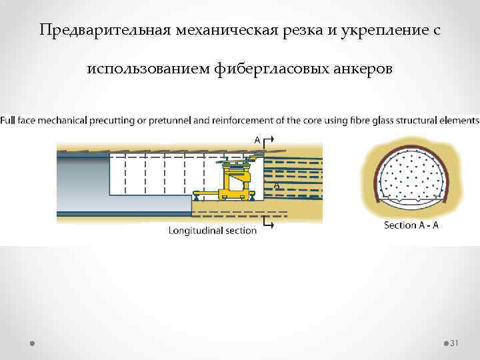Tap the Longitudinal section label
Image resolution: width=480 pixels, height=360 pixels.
(x=212, y=231)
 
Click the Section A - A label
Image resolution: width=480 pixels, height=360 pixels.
(x=411, y=225)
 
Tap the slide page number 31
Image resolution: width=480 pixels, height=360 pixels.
(x=455, y=343)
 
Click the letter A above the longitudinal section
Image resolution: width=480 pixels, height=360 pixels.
(x=257, y=139)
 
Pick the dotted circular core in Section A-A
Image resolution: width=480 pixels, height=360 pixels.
(x=411, y=175)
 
